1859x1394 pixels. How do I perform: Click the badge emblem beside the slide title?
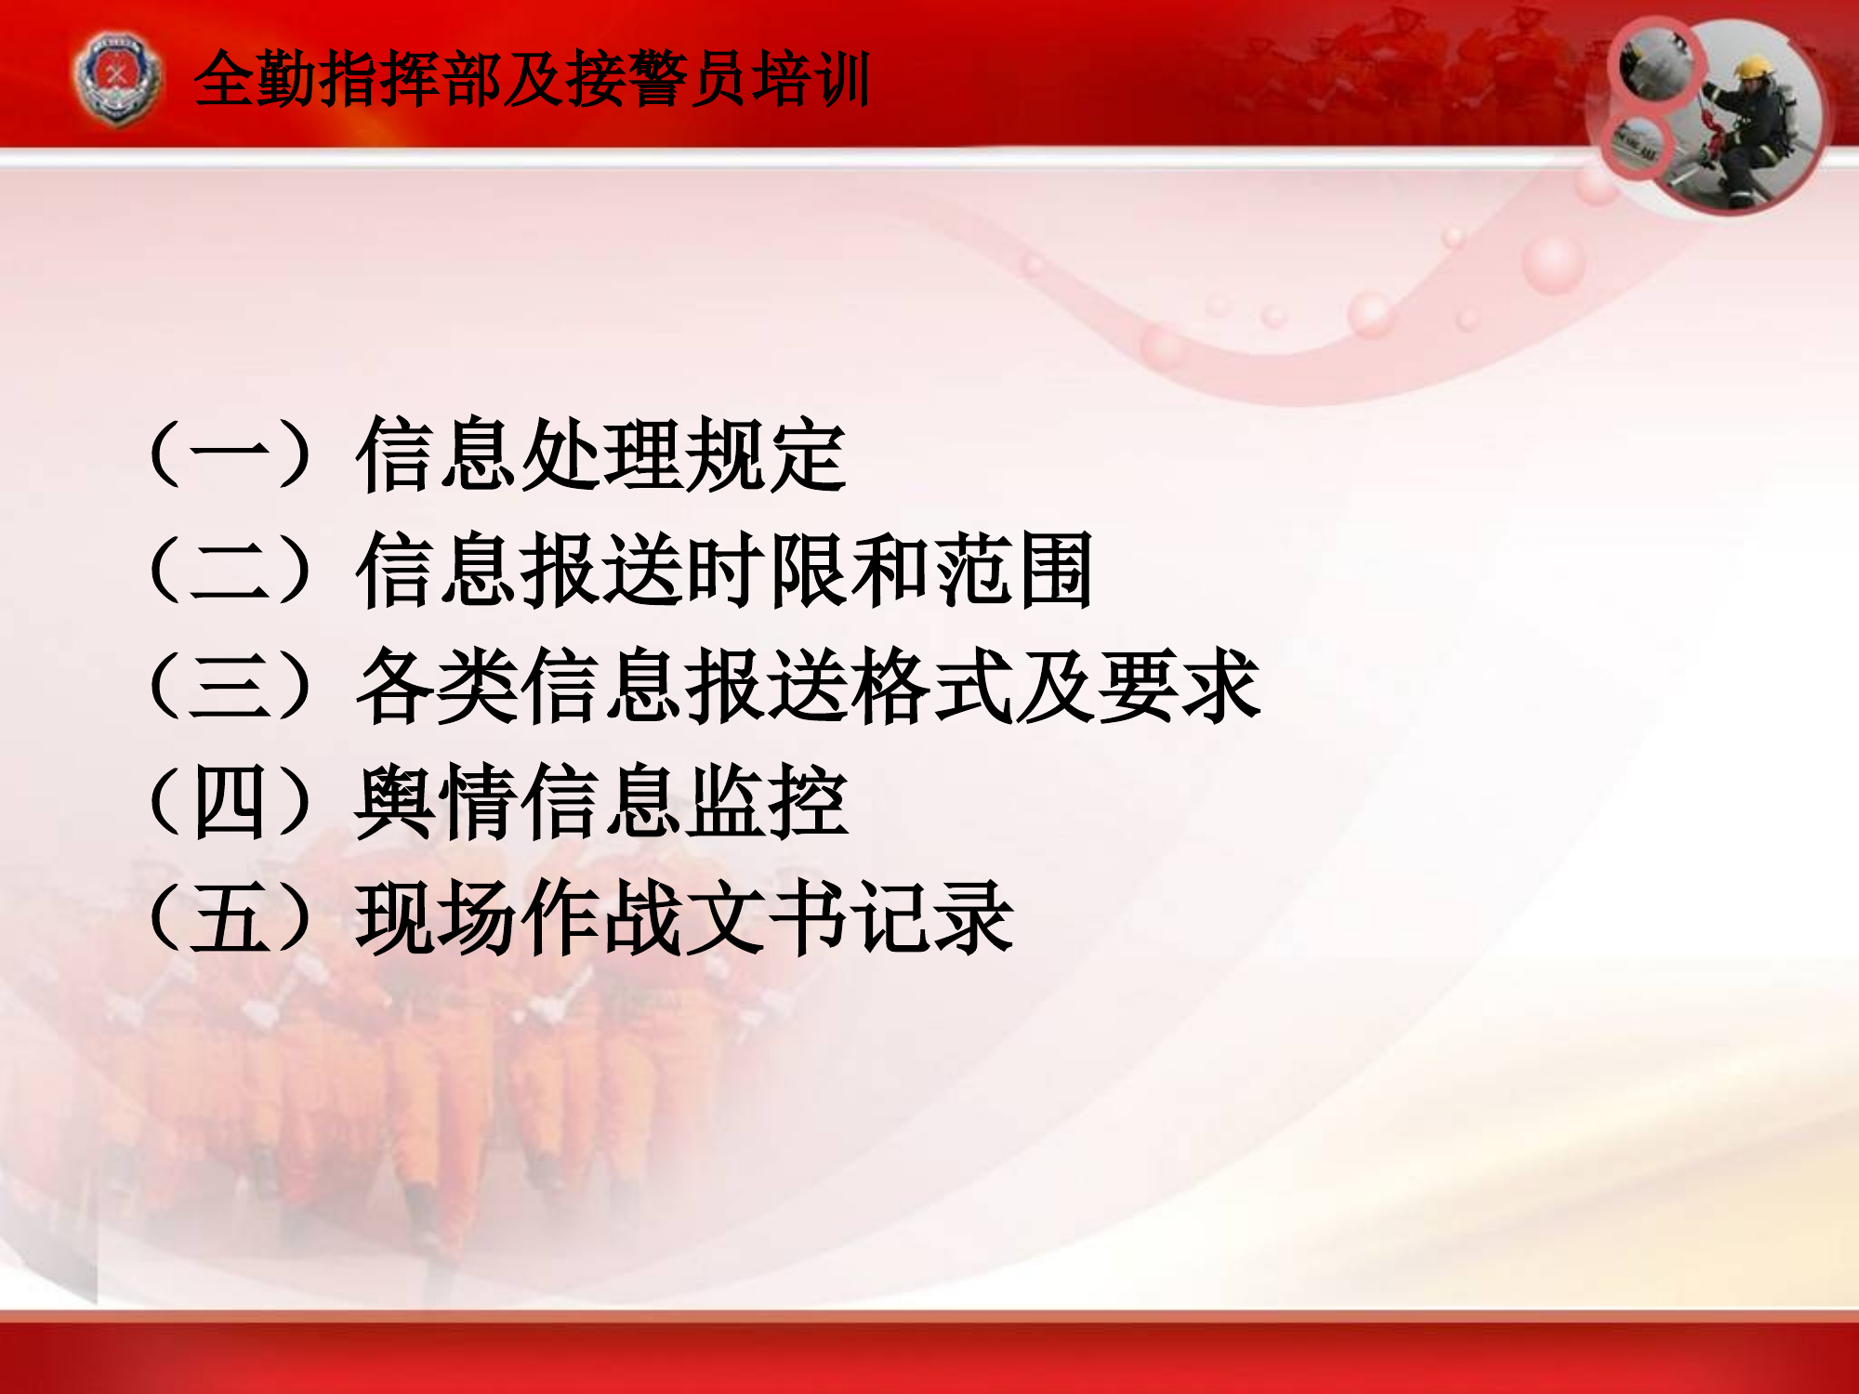coord(116,78)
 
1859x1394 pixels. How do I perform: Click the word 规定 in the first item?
coord(765,454)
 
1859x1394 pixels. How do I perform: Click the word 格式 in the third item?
coord(931,687)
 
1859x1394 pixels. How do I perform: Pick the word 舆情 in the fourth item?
coord(437,802)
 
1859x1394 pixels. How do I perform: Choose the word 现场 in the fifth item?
coord(437,918)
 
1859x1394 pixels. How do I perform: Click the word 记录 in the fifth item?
coord(932,918)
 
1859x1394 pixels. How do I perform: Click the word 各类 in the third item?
coord(437,687)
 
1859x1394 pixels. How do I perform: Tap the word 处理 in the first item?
coord(600,454)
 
